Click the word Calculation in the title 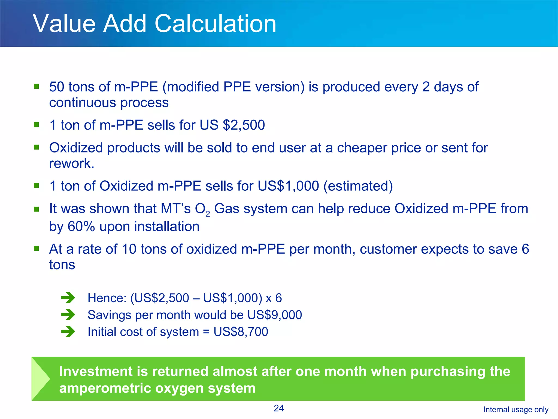(x=215, y=24)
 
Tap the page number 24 (x=279, y=408)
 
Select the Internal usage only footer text (x=516, y=409)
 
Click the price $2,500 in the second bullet (x=244, y=125)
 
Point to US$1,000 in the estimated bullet (x=288, y=186)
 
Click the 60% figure (x=81, y=227)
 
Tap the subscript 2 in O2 (x=208, y=214)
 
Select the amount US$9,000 (x=275, y=315)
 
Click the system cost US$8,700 (x=241, y=332)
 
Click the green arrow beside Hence (x=68, y=298)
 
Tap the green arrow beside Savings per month (x=68, y=315)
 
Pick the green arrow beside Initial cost (x=68, y=332)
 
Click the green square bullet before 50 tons (x=36, y=86)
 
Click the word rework (x=71, y=164)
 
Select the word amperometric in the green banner (x=105, y=388)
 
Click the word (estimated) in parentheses (x=358, y=186)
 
